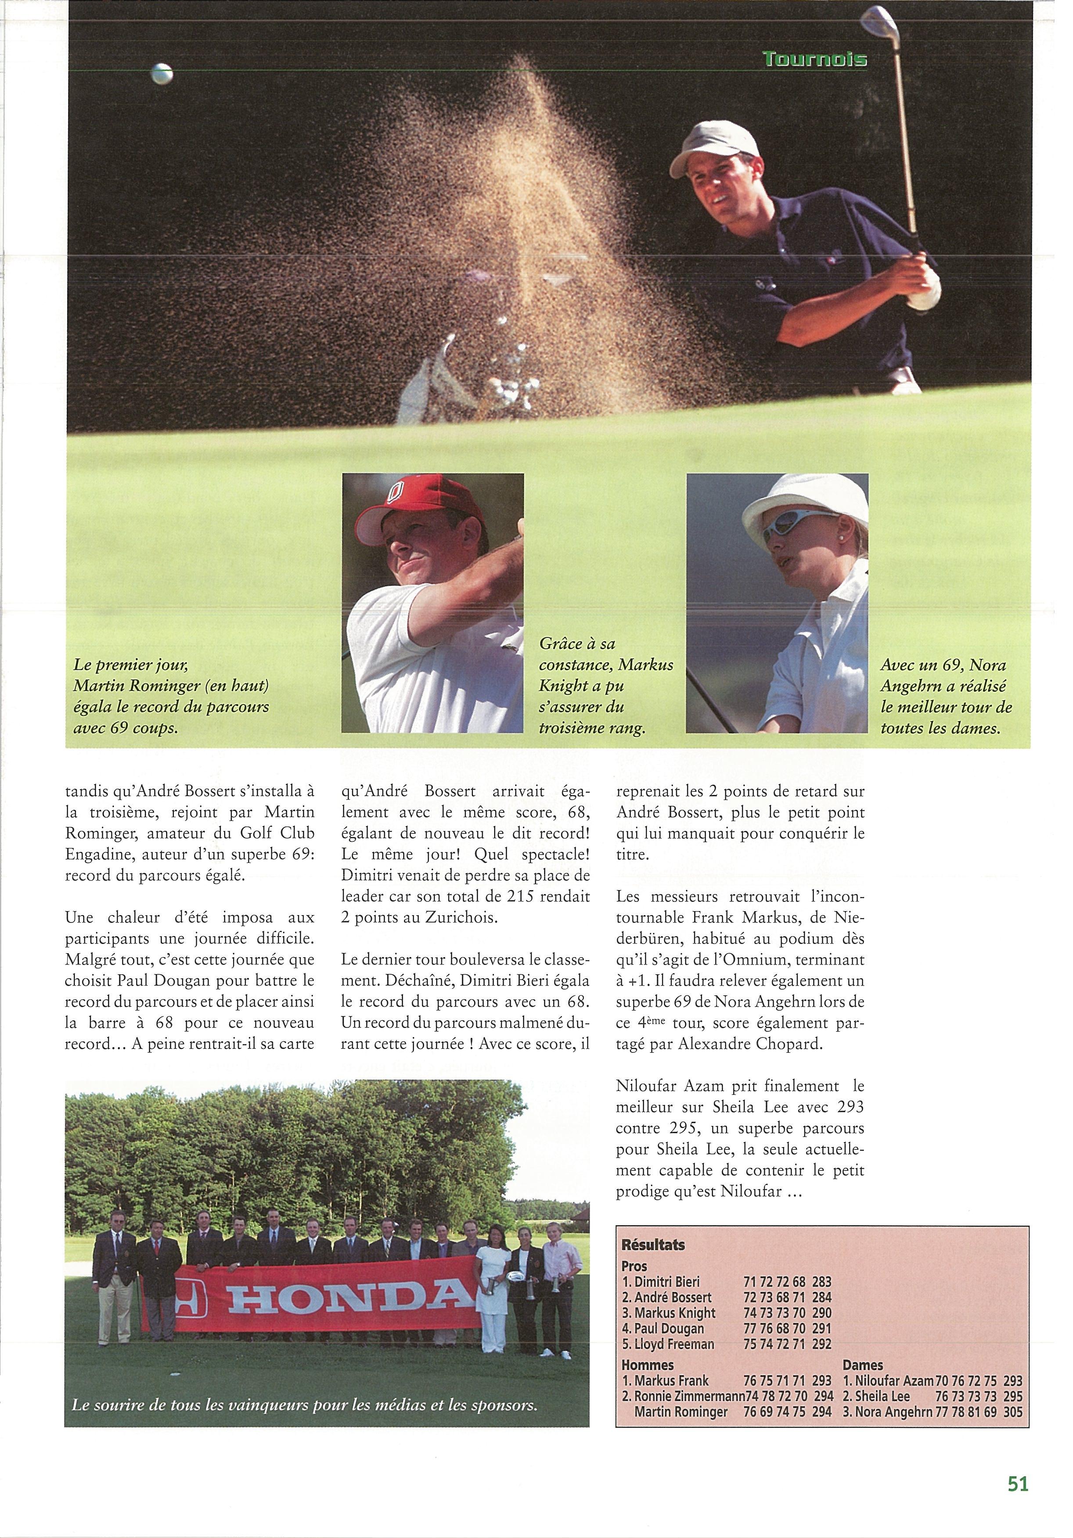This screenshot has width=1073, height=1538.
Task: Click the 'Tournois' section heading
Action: [814, 60]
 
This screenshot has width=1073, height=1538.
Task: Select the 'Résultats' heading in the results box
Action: [653, 1245]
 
